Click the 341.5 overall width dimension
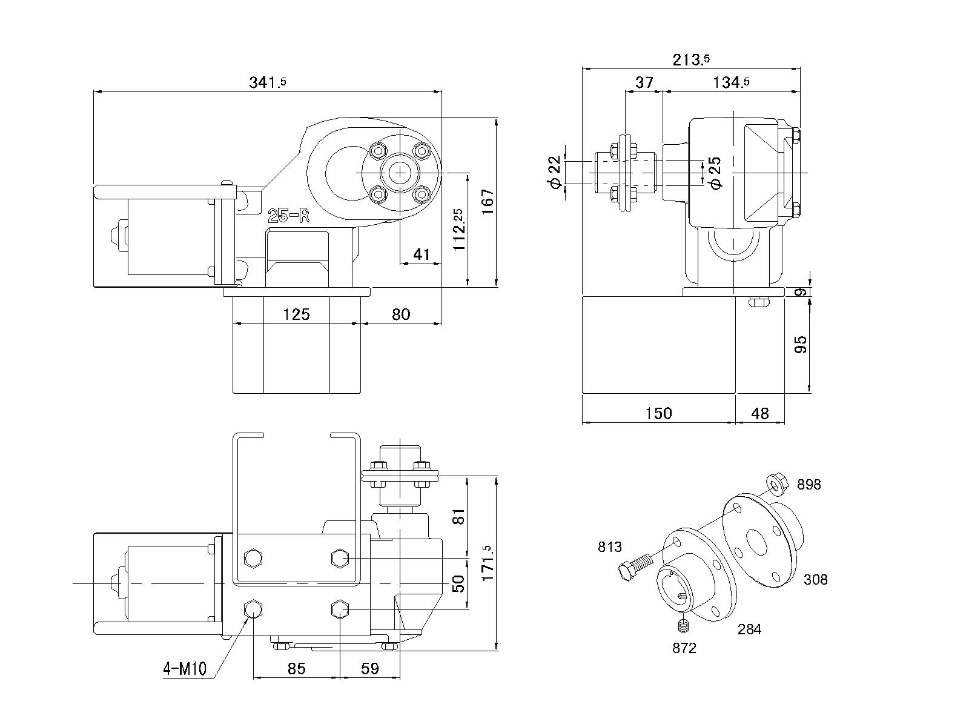point(268,82)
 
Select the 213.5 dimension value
point(691,59)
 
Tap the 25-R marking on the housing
point(289,215)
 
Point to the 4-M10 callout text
point(185,669)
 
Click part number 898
point(809,485)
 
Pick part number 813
point(610,547)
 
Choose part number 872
point(684,648)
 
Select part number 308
point(815,580)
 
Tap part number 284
point(749,629)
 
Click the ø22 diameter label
point(554,173)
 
